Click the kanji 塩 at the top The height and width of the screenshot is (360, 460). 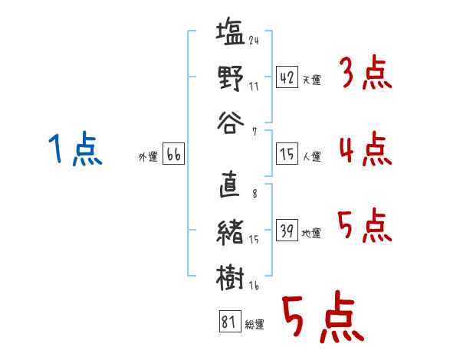point(230,31)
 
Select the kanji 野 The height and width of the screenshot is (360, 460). point(231,78)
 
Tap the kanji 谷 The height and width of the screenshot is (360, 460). point(231,123)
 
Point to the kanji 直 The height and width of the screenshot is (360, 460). point(230,184)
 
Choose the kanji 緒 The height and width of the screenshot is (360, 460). point(230,232)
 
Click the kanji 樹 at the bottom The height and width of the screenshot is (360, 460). point(230,277)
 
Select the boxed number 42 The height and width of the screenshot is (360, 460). point(287,77)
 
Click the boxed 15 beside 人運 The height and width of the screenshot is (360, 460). point(287,154)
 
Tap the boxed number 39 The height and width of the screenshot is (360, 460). point(287,230)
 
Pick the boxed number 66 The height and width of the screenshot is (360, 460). point(173,154)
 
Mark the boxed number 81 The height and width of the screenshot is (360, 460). point(230,321)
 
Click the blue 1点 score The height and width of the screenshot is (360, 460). point(75,149)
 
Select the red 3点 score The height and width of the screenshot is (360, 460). point(367,72)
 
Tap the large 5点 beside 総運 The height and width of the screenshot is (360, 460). point(324,317)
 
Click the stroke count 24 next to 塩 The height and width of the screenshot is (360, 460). point(254,40)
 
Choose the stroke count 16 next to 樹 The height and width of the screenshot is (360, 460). point(254,285)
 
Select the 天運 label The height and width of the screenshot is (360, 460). point(312,80)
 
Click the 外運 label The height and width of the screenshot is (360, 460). point(148,156)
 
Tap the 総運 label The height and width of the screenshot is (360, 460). point(255,324)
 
